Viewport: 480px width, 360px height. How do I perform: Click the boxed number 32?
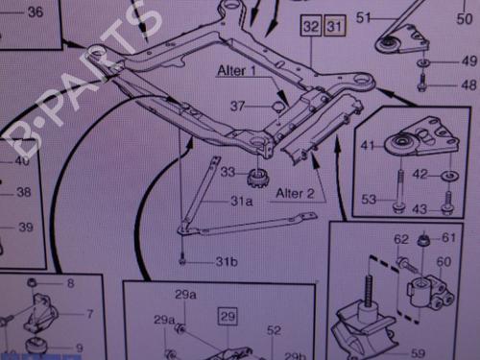point(310,28)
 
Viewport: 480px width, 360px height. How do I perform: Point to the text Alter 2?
point(295,193)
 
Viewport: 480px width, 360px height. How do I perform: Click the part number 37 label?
point(236,106)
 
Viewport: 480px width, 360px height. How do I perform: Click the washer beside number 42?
point(447,176)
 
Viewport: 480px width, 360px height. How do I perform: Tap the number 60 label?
point(443,261)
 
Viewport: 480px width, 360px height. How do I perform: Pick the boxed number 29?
point(227,315)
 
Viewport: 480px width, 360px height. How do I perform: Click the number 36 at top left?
point(35,12)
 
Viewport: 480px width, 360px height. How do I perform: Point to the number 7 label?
point(89,314)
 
